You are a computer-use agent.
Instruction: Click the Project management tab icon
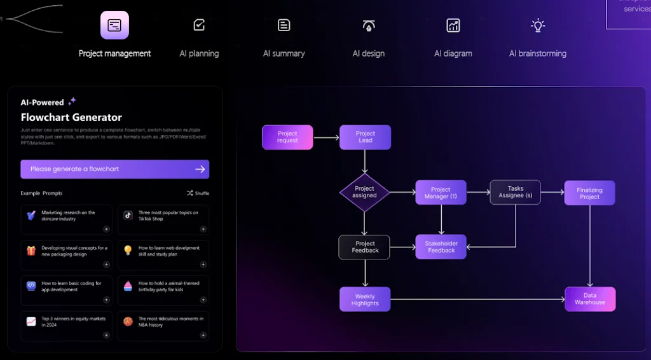114,25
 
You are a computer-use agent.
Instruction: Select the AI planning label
199,53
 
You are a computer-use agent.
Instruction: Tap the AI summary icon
284,25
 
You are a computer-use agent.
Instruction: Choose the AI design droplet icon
369,25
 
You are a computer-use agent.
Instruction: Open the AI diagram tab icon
453,25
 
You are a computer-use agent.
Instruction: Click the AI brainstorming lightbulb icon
538,25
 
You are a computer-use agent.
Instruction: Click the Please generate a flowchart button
114,169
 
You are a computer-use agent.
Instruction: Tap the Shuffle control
198,193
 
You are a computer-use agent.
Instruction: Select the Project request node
287,137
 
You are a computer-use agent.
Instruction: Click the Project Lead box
365,137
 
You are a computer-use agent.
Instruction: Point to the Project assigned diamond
364,192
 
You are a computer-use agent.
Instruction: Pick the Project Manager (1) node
441,193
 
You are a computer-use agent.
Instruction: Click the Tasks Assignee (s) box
515,192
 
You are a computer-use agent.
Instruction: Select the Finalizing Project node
589,193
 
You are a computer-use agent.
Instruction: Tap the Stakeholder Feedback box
441,247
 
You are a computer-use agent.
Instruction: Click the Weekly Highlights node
364,300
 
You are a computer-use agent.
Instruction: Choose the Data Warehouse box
590,299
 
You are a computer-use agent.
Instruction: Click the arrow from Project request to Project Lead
326,137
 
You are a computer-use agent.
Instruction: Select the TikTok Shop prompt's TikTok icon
128,216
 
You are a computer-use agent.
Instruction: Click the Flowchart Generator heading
71,117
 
